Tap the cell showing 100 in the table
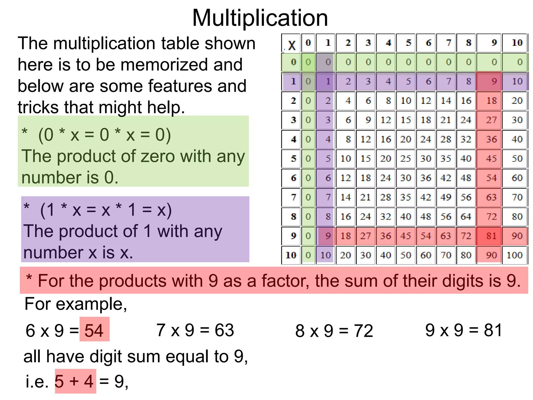click(x=515, y=255)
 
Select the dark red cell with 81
click(x=491, y=236)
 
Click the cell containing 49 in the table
click(x=446, y=197)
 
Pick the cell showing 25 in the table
click(x=405, y=159)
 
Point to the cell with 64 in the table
click(x=466, y=217)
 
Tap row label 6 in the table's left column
click(x=293, y=178)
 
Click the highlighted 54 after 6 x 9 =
click(x=94, y=330)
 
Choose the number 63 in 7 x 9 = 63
click(x=224, y=330)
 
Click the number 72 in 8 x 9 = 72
click(x=363, y=331)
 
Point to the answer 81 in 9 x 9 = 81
click(x=493, y=330)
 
